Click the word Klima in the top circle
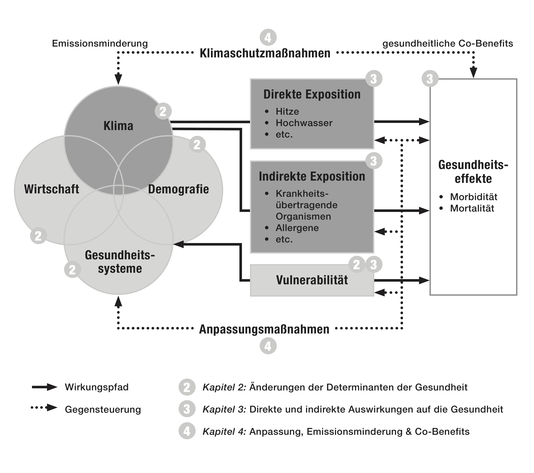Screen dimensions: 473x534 click(118, 126)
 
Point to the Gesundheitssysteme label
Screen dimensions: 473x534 click(120, 262)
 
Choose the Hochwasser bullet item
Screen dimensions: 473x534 click(304, 123)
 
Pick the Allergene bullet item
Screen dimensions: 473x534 click(297, 228)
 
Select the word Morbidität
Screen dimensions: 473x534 click(473, 197)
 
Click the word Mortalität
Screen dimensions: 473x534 click(472, 208)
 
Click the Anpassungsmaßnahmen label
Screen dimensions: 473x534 click(264, 330)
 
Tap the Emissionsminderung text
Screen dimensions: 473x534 click(100, 43)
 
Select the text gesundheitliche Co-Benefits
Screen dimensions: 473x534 click(448, 43)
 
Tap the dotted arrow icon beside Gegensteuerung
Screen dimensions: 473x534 click(44, 407)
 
